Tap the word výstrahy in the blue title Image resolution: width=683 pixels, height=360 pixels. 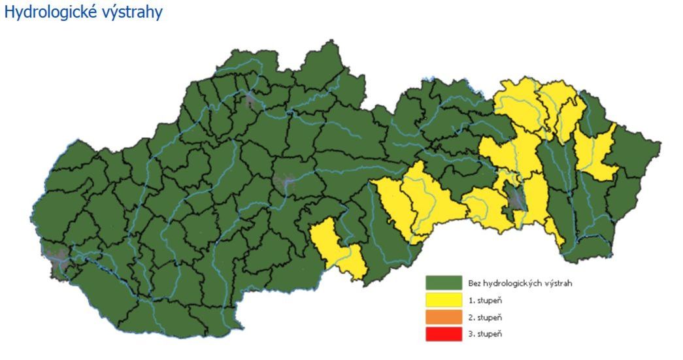point(131,12)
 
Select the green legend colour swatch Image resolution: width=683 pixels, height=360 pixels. point(444,283)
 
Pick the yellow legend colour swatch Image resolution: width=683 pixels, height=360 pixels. point(444,301)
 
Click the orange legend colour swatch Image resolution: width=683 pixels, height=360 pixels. point(444,318)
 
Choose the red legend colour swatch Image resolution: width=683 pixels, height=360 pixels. point(444,334)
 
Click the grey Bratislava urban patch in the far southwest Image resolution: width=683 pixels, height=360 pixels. point(55,257)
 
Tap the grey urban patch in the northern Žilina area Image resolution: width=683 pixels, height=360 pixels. point(250,99)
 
